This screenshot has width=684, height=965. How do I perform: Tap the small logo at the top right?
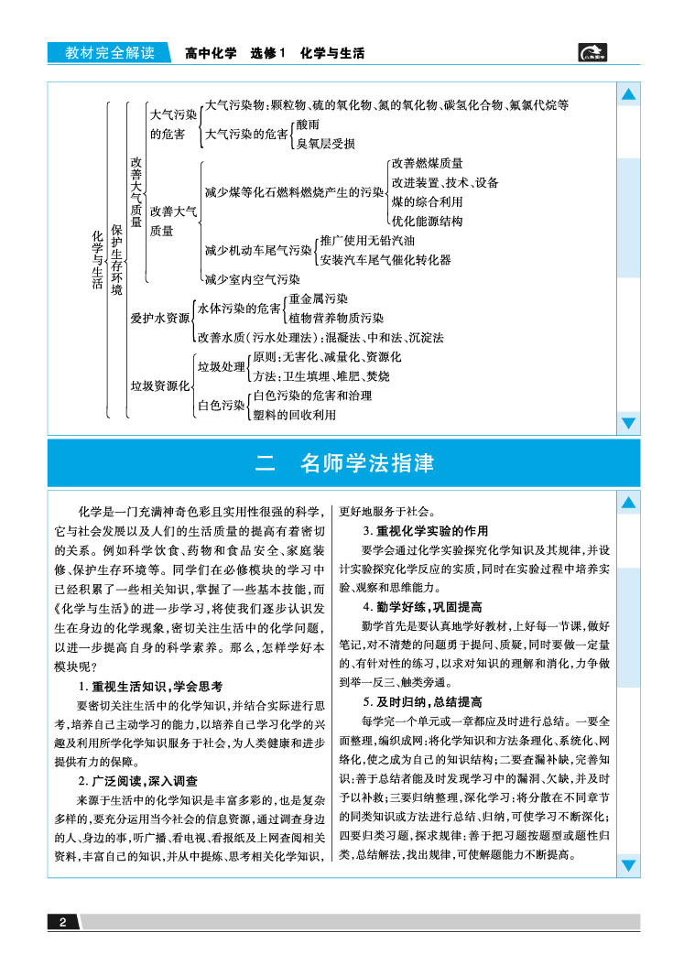point(596,54)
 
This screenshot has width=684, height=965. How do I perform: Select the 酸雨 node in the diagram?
point(307,125)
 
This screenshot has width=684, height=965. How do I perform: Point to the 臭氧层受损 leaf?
point(325,144)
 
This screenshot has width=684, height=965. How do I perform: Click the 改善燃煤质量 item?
point(427,163)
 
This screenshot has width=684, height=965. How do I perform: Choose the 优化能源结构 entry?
point(427,221)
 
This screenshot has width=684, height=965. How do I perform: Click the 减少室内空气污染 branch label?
point(252,279)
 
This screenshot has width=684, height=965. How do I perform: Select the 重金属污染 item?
point(318,298)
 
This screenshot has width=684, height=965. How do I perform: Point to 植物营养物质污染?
point(336,318)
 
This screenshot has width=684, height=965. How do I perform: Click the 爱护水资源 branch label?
point(159,318)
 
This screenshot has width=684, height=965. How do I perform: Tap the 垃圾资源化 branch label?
point(159,385)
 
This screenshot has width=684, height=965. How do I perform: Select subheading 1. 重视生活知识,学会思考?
point(151,686)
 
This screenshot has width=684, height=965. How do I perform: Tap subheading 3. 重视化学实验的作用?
point(425,531)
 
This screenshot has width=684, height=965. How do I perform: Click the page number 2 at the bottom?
point(61,922)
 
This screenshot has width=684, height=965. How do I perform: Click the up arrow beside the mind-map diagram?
point(629,95)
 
